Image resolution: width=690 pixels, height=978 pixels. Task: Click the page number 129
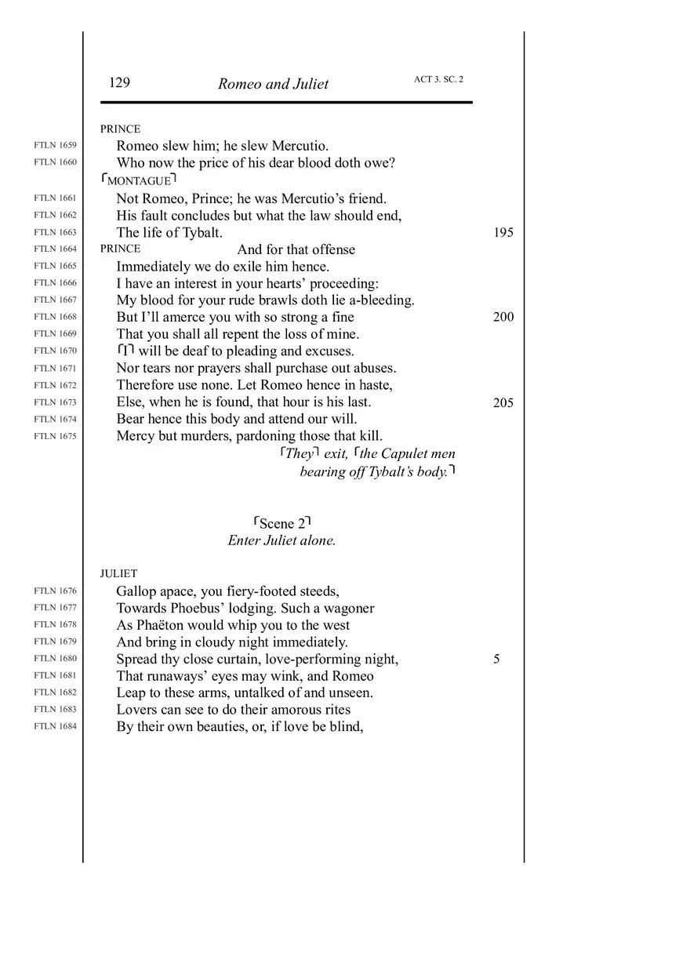point(119,83)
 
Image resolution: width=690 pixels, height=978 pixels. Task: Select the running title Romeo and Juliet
point(273,85)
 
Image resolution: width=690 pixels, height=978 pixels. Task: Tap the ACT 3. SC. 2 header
point(438,79)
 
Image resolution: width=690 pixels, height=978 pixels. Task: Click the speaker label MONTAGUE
point(139,181)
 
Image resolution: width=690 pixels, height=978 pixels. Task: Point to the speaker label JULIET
point(118,573)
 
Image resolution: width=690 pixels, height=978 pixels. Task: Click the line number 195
point(503,233)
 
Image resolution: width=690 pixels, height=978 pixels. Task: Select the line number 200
point(503,317)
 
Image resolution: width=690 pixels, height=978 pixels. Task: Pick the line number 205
point(503,402)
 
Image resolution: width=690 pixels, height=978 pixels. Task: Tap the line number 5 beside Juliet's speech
point(496,659)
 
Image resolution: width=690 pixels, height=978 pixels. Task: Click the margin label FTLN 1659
point(56,145)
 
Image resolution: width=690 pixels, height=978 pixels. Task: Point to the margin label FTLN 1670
point(56,351)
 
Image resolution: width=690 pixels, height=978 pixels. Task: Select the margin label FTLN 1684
point(56,726)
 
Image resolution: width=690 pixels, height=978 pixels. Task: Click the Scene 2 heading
point(282,523)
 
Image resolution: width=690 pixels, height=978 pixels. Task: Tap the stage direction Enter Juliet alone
point(281,540)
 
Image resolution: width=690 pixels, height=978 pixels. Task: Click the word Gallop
point(136,591)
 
